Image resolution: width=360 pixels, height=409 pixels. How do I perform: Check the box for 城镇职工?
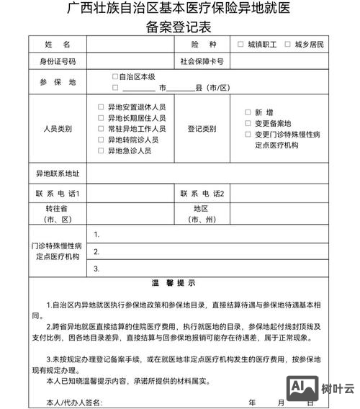point(240,45)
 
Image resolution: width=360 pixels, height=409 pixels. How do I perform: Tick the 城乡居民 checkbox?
point(288,45)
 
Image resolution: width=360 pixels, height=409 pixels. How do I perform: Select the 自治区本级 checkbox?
point(115,76)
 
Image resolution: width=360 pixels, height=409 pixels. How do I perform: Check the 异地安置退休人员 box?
point(102,107)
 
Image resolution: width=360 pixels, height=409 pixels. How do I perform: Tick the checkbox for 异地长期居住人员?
point(102,117)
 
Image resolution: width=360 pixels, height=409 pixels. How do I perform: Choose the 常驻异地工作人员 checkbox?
point(102,128)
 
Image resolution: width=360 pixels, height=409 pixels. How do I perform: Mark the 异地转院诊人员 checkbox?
point(102,140)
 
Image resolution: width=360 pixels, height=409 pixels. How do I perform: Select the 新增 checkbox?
point(248,112)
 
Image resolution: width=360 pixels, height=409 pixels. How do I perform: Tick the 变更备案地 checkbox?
point(248,123)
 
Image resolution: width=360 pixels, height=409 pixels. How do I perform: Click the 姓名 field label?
point(58,45)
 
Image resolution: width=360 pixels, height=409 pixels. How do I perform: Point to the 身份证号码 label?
point(58,61)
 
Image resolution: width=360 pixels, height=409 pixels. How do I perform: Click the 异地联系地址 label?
point(58,174)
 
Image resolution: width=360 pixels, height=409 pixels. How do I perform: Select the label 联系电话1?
point(58,194)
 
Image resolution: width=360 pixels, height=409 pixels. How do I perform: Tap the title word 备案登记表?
point(178,27)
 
